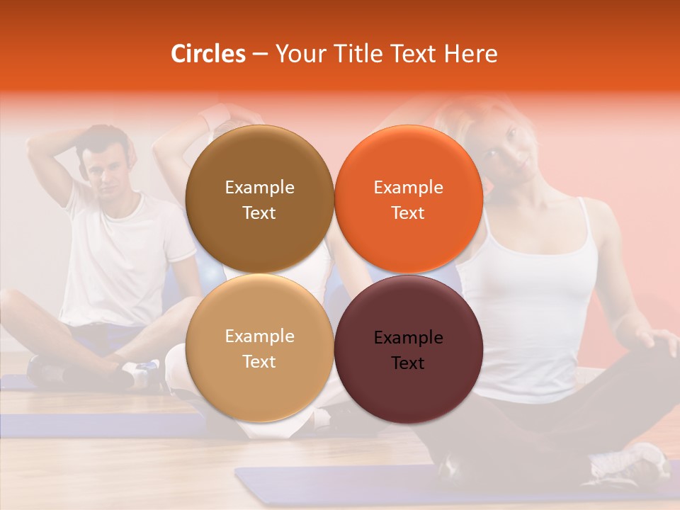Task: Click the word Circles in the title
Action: point(208,54)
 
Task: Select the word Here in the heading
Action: point(470,54)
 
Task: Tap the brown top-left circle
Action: point(259,199)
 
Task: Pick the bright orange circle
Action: point(408,199)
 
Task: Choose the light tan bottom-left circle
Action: point(259,348)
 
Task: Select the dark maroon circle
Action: point(408,349)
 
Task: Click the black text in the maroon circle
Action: point(408,351)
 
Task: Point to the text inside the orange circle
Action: point(408,200)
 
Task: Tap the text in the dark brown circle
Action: point(259,200)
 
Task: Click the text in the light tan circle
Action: point(259,349)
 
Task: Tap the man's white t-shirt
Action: point(120,262)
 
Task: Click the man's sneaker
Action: point(139,374)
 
